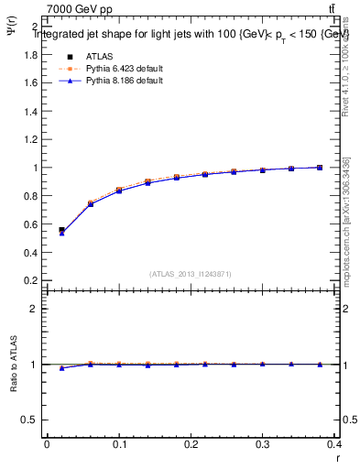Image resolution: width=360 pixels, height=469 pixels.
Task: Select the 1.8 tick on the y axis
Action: coord(31,54)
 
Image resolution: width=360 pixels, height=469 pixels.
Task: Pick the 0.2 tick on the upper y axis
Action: coord(31,280)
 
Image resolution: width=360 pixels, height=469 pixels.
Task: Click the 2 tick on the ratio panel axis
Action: coord(35,309)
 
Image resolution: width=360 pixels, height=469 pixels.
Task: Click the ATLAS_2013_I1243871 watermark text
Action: coord(191,274)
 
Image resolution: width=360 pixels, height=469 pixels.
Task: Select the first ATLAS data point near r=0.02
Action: coord(61,231)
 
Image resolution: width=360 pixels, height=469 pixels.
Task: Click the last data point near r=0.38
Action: coord(320,168)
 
